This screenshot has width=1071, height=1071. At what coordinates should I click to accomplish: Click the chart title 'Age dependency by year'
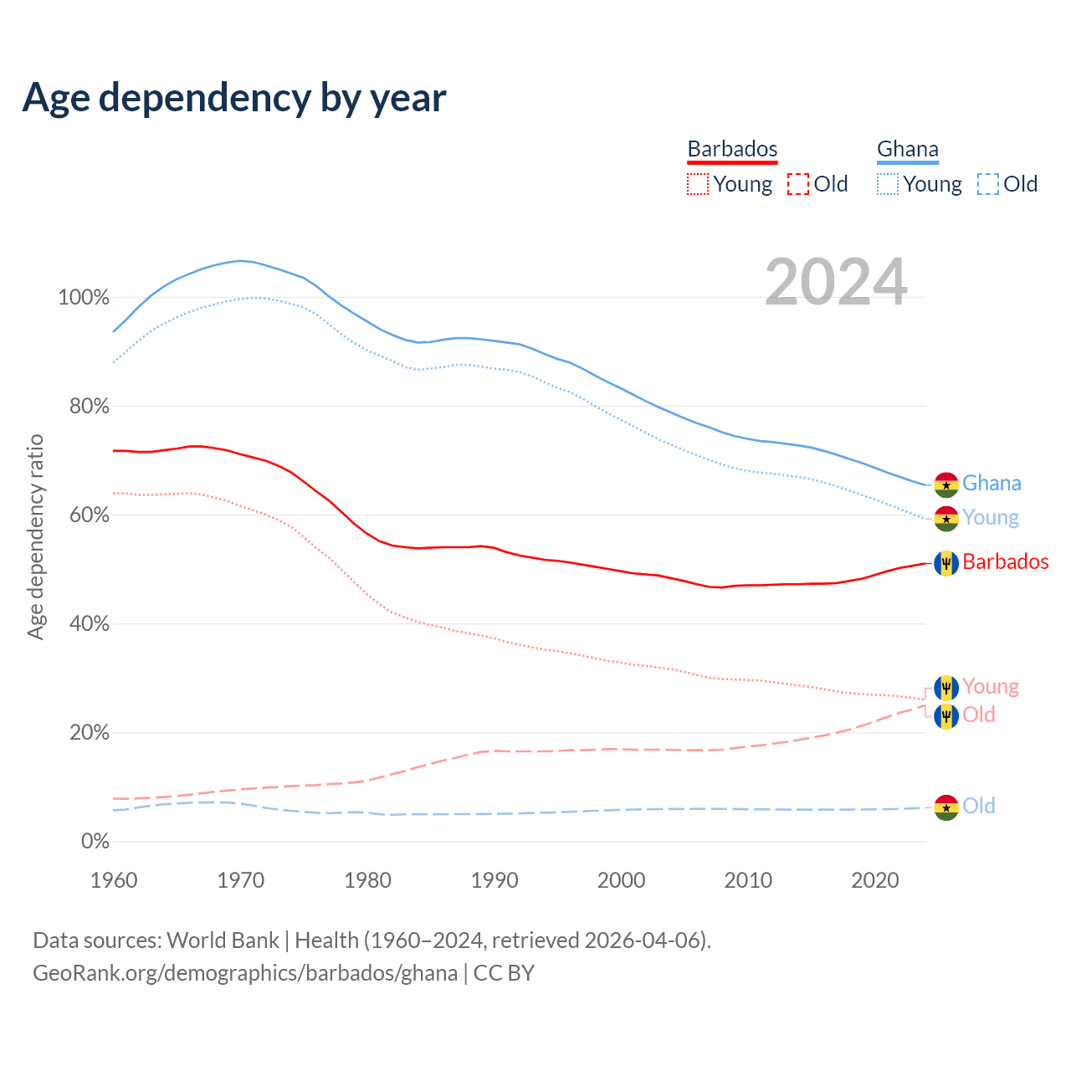(234, 98)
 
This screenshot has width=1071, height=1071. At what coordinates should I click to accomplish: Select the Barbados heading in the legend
(732, 149)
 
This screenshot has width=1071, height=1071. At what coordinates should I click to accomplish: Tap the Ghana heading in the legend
(907, 149)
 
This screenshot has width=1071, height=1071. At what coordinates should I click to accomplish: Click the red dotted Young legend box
(698, 184)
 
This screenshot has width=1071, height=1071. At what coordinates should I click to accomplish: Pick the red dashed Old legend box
(798, 184)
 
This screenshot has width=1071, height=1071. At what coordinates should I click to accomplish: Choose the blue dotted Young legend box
(888, 184)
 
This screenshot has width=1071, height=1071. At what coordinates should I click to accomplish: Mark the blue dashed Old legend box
(988, 184)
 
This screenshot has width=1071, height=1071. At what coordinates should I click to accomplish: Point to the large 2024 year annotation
(836, 282)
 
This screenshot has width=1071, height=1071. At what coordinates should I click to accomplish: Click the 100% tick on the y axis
(84, 297)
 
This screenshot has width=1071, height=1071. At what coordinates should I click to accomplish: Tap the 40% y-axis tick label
(90, 623)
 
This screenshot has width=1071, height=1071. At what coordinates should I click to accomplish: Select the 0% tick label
(95, 841)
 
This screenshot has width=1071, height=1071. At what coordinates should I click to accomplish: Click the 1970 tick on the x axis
(241, 880)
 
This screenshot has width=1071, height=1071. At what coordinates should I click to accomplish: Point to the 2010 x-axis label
(748, 880)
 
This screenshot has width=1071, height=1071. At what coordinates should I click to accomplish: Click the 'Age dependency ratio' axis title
(35, 536)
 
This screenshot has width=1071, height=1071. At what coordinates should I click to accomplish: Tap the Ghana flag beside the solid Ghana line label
(946, 484)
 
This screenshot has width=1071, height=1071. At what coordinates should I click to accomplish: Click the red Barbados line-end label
(1006, 561)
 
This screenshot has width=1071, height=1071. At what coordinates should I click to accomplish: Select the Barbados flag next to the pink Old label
(946, 716)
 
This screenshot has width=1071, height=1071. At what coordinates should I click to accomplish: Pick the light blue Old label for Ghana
(978, 806)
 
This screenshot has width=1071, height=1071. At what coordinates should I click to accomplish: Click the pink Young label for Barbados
(991, 686)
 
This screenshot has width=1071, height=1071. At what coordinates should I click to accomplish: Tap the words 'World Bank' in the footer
(223, 940)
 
